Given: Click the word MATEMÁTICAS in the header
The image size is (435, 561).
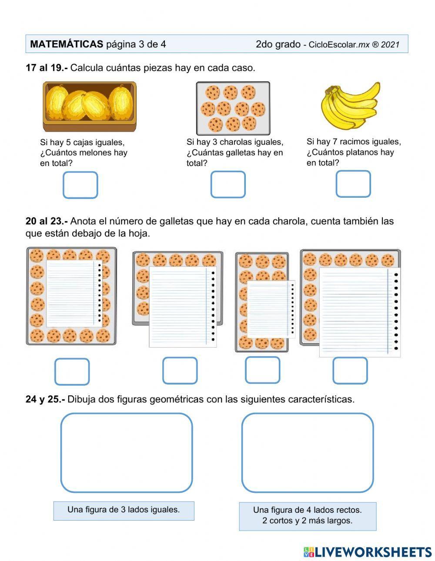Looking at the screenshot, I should coord(67,44).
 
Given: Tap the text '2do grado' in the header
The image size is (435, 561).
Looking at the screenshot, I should coord(278,44).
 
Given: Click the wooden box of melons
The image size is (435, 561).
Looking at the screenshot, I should coord(90,106).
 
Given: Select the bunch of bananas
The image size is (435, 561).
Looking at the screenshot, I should coord(350,106).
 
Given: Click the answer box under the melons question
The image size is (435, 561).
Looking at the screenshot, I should coord(80,185).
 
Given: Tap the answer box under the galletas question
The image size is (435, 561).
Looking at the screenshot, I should coord(228,185).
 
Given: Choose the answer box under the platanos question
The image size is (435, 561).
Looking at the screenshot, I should coord(353,184).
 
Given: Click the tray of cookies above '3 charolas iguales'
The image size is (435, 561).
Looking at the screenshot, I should coord(233,108).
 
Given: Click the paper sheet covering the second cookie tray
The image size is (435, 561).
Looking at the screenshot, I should coord(183,307).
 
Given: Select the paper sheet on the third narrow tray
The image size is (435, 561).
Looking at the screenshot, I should coord(271,309).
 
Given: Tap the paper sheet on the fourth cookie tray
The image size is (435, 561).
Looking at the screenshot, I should coord(359,312).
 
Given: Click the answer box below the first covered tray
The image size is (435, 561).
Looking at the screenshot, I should coord(72,372).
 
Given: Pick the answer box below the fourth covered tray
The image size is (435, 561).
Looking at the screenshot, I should coord(350,371).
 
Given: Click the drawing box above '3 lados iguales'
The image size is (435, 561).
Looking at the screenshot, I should coord(126,453).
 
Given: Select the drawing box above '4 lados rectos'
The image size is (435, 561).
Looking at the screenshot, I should coord(307,453).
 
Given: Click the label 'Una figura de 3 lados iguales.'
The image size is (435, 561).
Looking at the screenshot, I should coord(124,510).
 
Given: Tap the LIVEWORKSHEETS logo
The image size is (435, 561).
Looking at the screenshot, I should coord(368,552).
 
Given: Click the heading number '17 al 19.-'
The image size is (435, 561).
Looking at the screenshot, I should coord(47,68).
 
